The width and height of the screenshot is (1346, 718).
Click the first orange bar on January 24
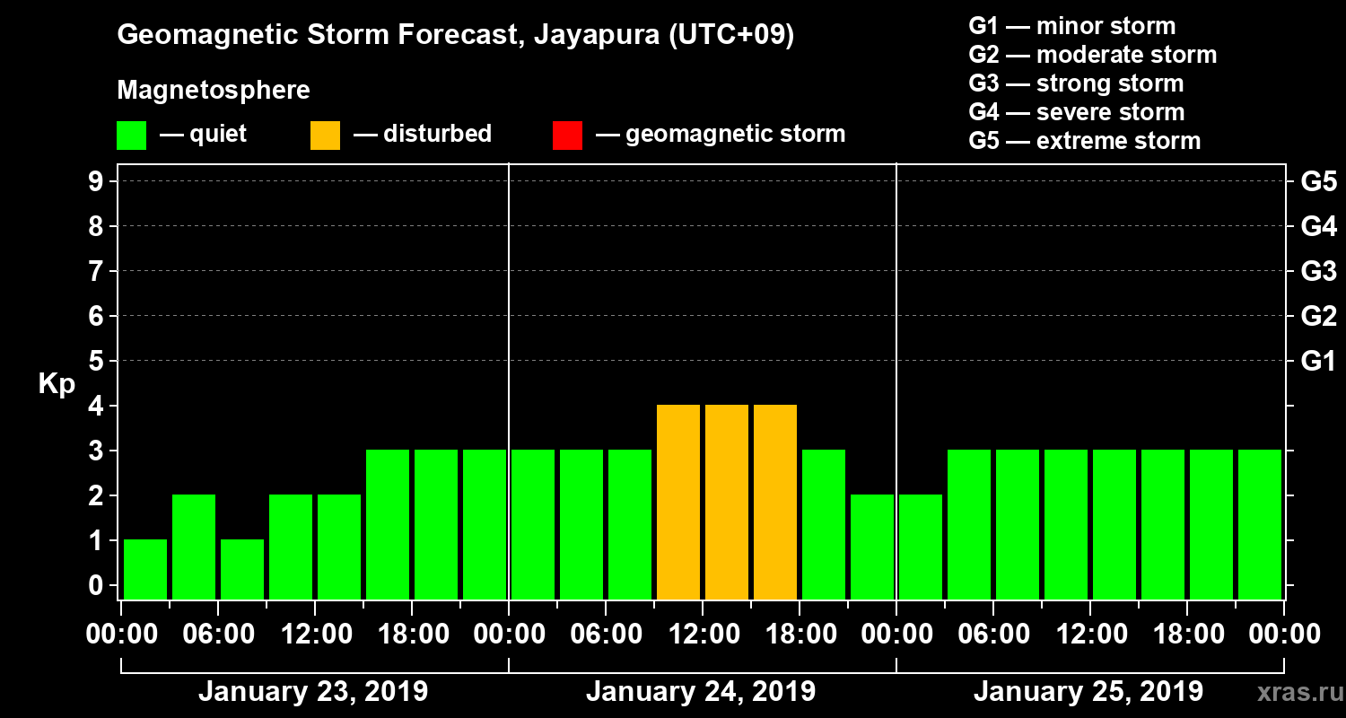click(678, 502)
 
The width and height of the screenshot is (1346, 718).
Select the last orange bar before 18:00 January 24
click(775, 502)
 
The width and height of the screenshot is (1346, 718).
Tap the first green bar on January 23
click(145, 569)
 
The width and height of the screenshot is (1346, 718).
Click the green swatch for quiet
click(131, 136)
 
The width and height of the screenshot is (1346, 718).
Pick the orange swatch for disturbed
click(325, 136)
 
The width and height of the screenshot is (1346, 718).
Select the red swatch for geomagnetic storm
click(567, 136)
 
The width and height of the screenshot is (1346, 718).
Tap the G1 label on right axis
click(1318, 362)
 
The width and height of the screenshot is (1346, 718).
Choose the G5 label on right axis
click(1318, 182)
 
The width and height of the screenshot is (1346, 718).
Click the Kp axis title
click(57, 384)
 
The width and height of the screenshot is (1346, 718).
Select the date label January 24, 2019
click(701, 692)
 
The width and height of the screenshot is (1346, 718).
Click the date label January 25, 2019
click(1088, 692)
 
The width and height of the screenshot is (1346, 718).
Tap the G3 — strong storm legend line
click(1076, 83)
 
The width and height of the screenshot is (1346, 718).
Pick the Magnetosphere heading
click(214, 91)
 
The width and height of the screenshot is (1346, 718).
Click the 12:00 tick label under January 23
click(315, 635)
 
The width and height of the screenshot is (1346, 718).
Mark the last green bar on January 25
click(1260, 524)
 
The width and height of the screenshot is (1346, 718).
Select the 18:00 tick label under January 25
click(1186, 635)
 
